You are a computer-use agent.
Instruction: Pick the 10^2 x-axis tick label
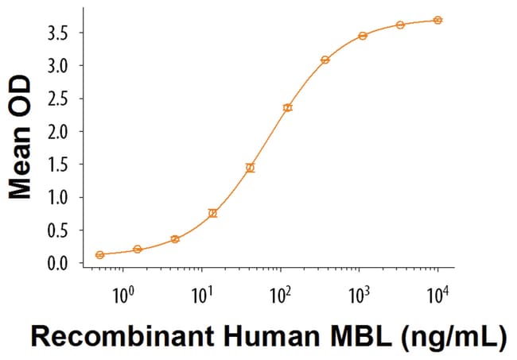point(280,296)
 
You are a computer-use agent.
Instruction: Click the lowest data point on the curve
point(99,254)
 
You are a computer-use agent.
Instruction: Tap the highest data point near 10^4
point(438,20)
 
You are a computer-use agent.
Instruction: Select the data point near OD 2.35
point(288,107)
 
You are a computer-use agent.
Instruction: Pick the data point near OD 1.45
point(250,168)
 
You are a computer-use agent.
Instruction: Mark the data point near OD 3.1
point(325,60)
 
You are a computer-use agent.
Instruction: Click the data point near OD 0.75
point(212,213)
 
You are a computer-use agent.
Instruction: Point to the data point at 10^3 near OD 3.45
point(363,36)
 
